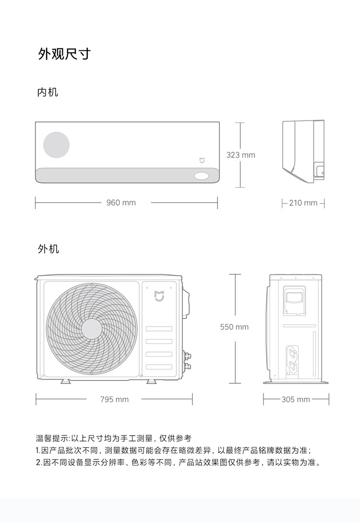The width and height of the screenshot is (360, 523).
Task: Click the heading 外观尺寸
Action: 64,54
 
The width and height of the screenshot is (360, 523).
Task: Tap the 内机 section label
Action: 48,92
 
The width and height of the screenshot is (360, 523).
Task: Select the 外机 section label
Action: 48,249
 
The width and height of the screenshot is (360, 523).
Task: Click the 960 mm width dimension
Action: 121,203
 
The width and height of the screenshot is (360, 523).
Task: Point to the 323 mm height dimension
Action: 240,155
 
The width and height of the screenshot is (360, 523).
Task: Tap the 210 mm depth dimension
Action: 303,203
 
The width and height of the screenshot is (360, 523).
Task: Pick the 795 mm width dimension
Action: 114,399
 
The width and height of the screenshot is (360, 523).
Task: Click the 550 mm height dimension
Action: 234,327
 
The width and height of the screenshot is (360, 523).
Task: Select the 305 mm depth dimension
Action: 296,399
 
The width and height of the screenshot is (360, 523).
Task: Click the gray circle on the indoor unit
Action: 56,145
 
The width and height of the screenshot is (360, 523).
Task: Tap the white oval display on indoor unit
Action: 202,176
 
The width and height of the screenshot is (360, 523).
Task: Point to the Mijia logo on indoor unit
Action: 202,160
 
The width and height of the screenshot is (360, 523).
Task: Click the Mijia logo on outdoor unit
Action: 159,295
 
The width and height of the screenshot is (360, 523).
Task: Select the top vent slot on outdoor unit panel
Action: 159,329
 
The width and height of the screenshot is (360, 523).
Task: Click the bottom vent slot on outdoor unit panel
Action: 159,367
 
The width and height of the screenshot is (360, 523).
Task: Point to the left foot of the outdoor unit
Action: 65,381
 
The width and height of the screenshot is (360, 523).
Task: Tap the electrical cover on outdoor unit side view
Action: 294,301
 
